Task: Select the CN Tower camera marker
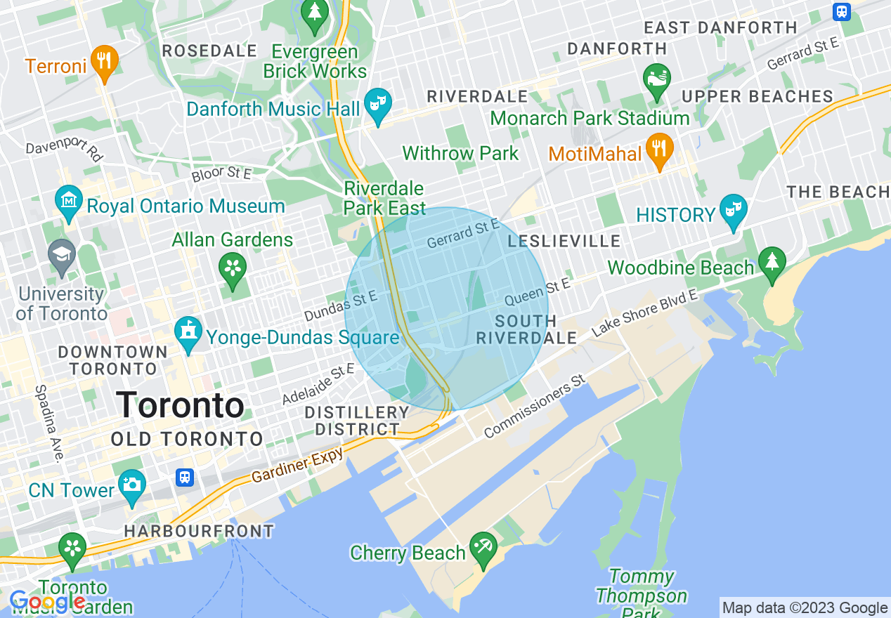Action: point(131,485)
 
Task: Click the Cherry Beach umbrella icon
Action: point(483,547)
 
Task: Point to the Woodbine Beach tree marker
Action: point(772,262)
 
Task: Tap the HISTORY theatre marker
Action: point(732,210)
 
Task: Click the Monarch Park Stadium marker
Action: point(656,79)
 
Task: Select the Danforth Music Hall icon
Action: point(379,104)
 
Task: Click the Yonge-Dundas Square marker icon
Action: point(188,332)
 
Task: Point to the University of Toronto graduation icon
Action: point(62,255)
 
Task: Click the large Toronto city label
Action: point(180,405)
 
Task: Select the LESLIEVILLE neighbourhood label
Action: point(564,242)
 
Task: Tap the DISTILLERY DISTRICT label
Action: point(357,421)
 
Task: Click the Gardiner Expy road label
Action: point(298,465)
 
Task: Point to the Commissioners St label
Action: point(535,406)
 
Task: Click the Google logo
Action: point(46,602)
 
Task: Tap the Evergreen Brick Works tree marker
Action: point(315,13)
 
